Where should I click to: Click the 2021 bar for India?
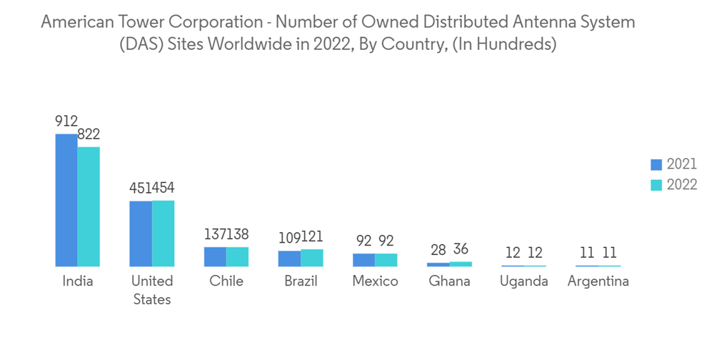(66, 200)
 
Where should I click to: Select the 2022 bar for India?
(89, 206)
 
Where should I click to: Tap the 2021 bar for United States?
(141, 234)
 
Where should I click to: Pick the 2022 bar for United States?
(163, 234)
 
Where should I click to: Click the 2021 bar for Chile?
(215, 256)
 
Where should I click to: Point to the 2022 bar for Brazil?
(311, 258)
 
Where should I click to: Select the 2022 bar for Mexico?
(386, 260)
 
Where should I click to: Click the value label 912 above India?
(66, 122)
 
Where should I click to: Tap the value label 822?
(89, 134)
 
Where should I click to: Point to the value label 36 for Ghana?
(461, 249)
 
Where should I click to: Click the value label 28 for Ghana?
(438, 249)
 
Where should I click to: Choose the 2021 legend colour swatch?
(656, 164)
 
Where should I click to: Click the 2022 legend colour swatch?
(656, 185)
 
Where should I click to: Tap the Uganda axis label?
(523, 281)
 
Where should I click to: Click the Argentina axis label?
(598, 281)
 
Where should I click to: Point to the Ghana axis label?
(449, 281)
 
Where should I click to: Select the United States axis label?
(152, 290)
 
